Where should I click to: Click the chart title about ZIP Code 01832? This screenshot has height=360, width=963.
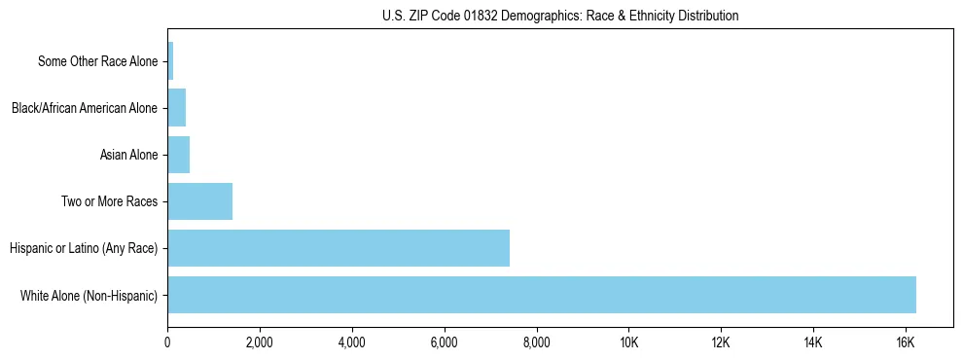(x=559, y=16)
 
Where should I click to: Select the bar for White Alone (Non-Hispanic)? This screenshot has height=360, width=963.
(x=542, y=295)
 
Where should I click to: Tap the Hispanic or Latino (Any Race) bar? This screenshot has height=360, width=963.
(x=339, y=248)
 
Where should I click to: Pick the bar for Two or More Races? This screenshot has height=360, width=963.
(x=200, y=201)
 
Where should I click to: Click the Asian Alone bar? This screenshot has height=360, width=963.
(x=179, y=155)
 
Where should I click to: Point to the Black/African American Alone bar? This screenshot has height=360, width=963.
(x=177, y=108)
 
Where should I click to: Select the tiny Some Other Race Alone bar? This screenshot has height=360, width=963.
(x=170, y=61)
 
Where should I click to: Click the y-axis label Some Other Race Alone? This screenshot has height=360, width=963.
(x=97, y=62)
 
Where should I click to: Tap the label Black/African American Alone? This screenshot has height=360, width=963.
(x=84, y=108)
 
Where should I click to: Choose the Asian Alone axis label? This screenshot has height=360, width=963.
(x=128, y=155)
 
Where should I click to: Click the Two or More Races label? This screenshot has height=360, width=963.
(x=109, y=202)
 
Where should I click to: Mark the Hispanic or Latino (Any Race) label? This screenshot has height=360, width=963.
(x=83, y=249)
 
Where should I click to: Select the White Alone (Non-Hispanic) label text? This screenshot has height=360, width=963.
(x=89, y=296)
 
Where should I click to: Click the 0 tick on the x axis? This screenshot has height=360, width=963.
(x=167, y=342)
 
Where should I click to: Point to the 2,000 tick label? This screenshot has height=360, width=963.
(x=260, y=342)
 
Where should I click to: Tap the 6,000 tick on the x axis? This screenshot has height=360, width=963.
(x=444, y=342)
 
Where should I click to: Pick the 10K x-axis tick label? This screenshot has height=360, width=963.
(x=628, y=342)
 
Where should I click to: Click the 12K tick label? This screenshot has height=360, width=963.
(x=721, y=342)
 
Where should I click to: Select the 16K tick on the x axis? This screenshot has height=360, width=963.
(x=906, y=342)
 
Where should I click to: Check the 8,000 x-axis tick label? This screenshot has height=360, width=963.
(x=536, y=342)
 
